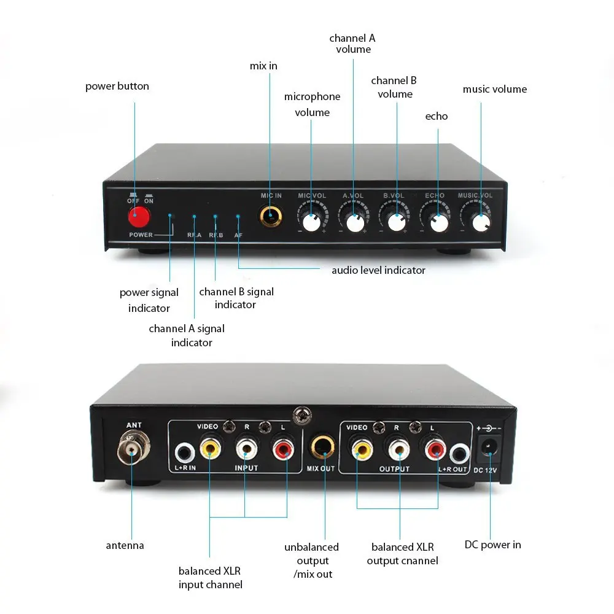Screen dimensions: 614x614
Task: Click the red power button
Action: pyautogui.click(x=139, y=216)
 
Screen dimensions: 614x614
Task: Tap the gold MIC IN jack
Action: pyautogui.click(x=270, y=216)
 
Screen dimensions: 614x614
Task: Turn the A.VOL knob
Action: pyautogui.click(x=354, y=222)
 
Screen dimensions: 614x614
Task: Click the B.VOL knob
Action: pyautogui.click(x=396, y=222)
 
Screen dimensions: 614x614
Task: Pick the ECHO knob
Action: pyautogui.click(x=438, y=222)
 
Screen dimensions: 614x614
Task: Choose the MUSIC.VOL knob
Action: pyautogui.click(x=481, y=223)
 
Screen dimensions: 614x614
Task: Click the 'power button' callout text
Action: pyautogui.click(x=117, y=86)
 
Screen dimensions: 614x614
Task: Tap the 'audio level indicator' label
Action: pyautogui.click(x=378, y=270)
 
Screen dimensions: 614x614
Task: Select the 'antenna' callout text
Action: pyautogui.click(x=125, y=545)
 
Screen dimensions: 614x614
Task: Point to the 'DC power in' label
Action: pyautogui.click(x=492, y=545)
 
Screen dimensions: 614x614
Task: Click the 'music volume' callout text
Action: pyautogui.click(x=494, y=89)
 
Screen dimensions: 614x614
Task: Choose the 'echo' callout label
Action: pyautogui.click(x=437, y=116)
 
